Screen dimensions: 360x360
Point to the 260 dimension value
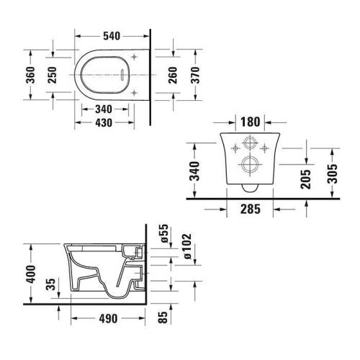coord(174,75)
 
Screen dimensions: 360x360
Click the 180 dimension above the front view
coord(250,120)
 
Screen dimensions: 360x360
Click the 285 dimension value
coord(250,210)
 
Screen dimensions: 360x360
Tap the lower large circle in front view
coord(250,163)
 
